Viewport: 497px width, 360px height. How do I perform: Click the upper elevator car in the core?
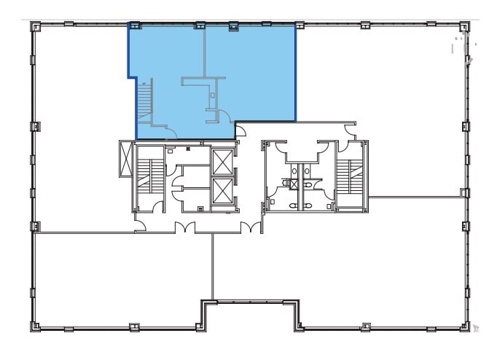(x=222, y=160)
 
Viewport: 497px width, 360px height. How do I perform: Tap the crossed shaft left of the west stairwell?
(x=124, y=159)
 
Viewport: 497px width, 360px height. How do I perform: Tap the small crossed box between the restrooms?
(x=294, y=184)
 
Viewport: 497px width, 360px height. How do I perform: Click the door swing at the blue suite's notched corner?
(x=240, y=132)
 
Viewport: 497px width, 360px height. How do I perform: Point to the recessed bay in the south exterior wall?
(x=251, y=315)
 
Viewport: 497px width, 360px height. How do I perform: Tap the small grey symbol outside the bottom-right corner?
(x=477, y=329)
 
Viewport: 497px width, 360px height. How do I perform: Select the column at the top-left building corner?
(x=34, y=26)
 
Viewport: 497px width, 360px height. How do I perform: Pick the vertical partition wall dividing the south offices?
(x=213, y=266)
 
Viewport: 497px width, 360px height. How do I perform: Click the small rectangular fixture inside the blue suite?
(x=212, y=95)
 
